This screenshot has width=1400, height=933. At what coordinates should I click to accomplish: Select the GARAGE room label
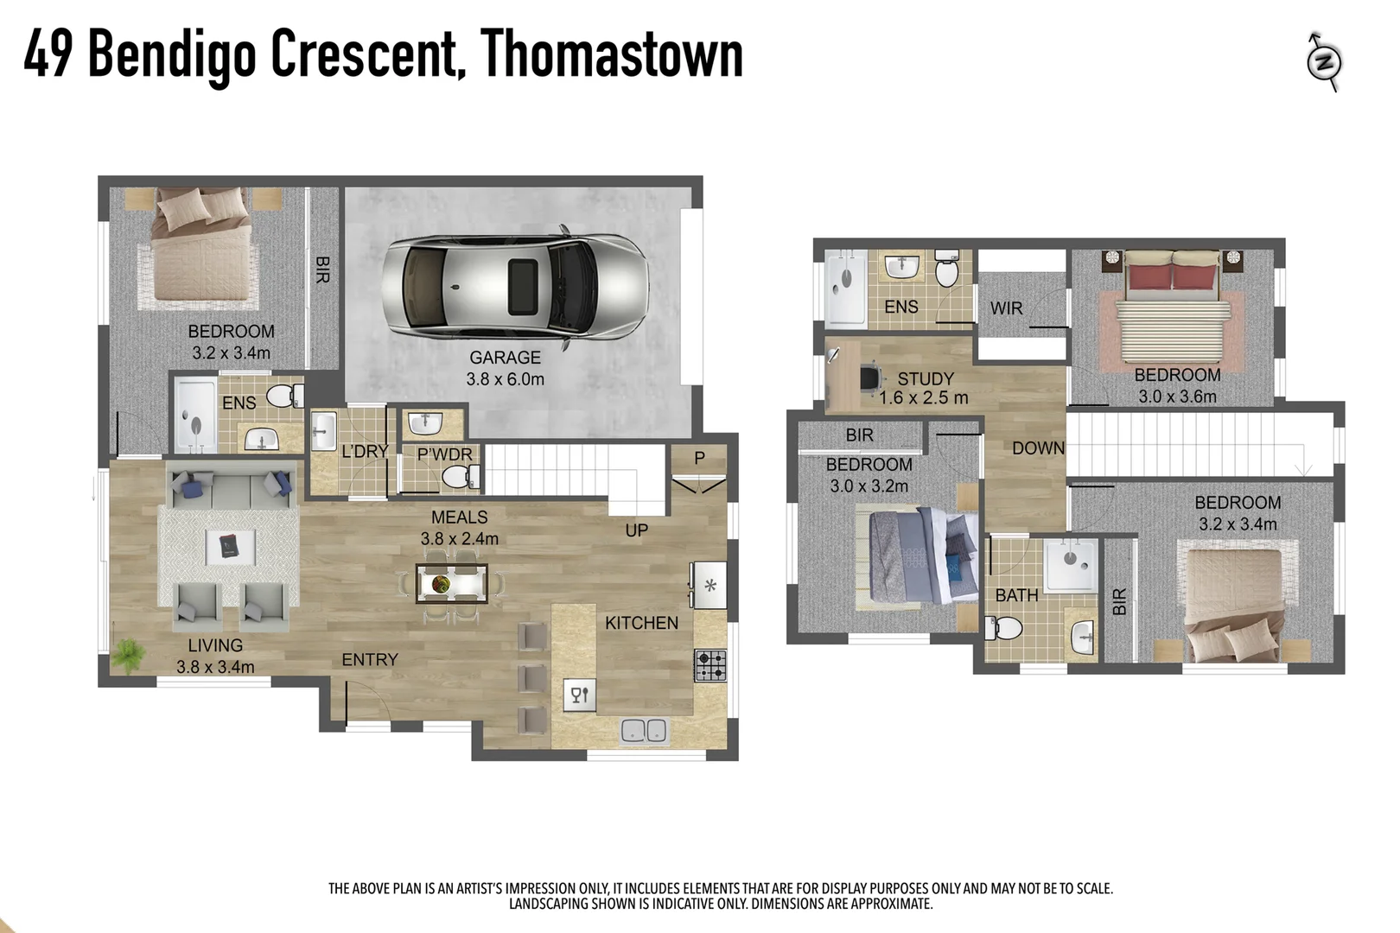point(505,357)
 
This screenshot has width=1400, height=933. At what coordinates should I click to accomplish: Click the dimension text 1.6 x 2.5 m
point(923,398)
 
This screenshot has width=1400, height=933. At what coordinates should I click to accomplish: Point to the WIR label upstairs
point(1006,308)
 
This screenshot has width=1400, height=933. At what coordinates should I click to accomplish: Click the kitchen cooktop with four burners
point(710,665)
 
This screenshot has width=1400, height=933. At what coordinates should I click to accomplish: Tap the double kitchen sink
point(644,731)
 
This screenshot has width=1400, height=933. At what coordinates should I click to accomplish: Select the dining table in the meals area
point(451,584)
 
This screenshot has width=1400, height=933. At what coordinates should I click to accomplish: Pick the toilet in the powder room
point(459,476)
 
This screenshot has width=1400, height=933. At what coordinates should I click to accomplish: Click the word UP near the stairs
point(636,530)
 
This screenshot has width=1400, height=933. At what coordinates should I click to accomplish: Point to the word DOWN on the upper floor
point(1038,448)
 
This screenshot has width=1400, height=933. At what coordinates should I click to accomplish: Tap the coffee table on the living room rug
point(230,546)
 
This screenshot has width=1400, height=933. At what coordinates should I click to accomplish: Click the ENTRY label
point(369,660)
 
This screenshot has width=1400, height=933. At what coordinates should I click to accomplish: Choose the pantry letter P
point(699,458)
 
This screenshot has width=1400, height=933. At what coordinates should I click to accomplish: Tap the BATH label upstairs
point(1016,596)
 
